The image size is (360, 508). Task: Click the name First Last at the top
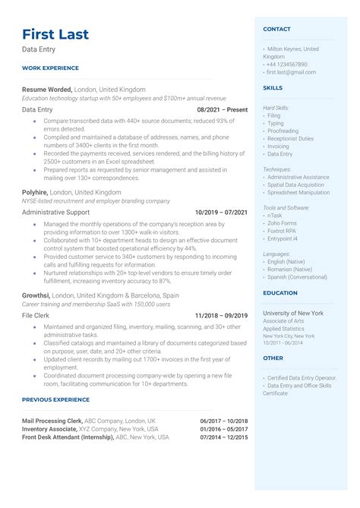coord(55,33)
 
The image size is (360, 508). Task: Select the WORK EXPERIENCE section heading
coord(51,68)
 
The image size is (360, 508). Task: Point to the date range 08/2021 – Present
coord(221,110)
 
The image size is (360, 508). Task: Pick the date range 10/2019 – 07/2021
coord(221,213)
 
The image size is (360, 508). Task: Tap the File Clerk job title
coord(36,315)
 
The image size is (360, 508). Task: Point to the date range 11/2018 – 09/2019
coord(221,315)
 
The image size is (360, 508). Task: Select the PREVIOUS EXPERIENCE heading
coord(57,399)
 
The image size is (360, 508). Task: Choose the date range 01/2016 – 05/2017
coord(223,428)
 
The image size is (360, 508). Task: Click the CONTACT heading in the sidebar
coord(276,29)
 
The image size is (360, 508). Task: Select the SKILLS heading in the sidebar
coord(273,87)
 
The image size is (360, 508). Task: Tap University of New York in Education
coord(293,313)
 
